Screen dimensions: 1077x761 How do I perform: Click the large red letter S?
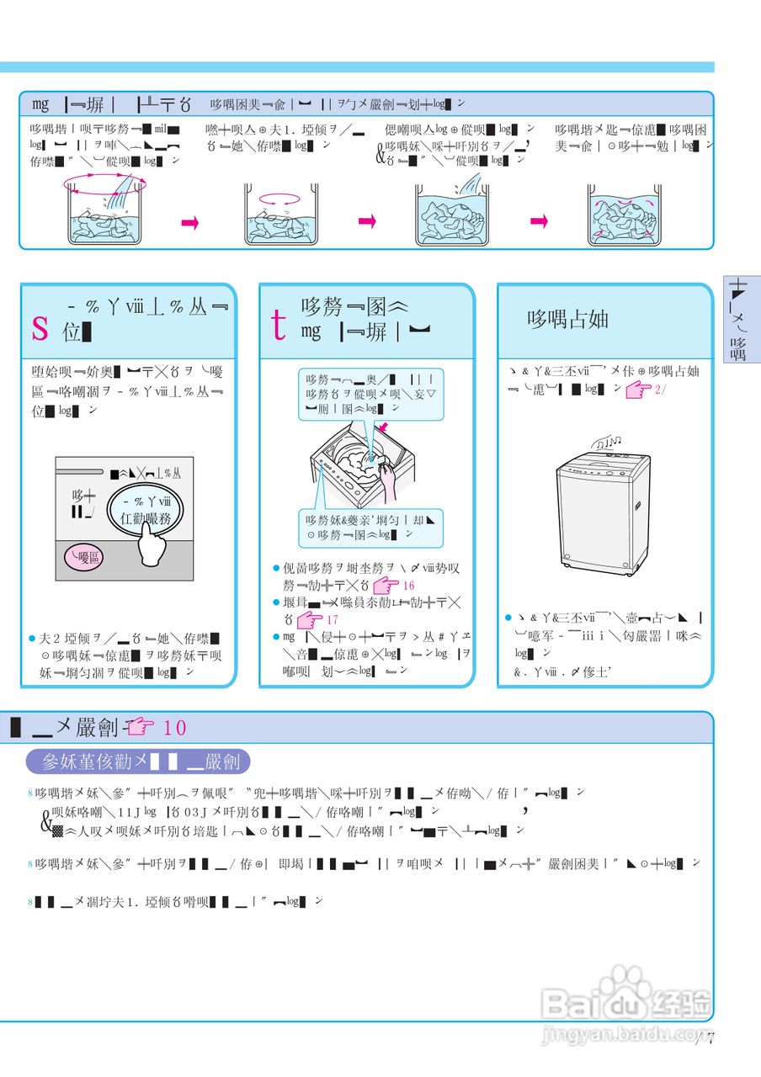(40, 327)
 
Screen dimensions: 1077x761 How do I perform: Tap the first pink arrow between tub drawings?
(189, 222)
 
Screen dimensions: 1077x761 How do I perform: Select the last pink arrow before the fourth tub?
(540, 221)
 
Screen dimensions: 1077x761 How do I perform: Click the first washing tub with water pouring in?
(106, 213)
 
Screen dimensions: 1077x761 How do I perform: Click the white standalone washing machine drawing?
(603, 513)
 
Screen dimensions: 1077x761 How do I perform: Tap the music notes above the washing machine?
(606, 442)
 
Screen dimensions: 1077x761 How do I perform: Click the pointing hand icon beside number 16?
(385, 585)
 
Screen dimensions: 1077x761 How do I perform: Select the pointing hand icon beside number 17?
(311, 620)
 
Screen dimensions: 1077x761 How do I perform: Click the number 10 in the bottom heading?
(175, 728)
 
